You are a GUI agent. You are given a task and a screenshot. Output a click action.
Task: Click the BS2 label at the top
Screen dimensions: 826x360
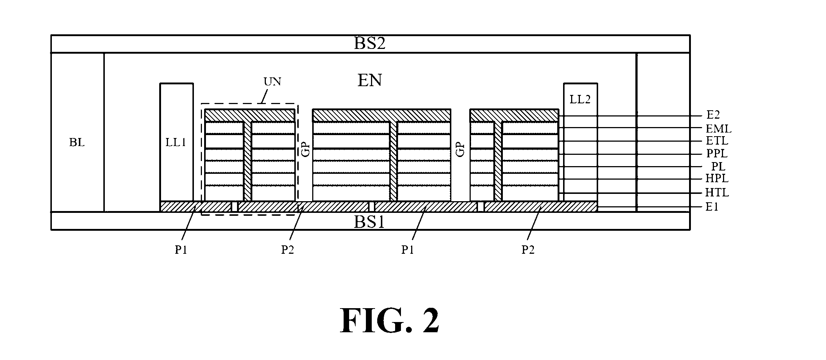[370, 44]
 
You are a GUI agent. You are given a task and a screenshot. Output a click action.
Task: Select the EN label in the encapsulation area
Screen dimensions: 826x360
[370, 80]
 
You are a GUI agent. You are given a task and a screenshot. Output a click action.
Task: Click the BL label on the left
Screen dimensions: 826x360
[77, 142]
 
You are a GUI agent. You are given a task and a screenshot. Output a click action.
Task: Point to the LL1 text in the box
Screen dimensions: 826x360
[176, 142]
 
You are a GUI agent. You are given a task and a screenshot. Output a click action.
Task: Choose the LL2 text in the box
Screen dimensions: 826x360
[580, 99]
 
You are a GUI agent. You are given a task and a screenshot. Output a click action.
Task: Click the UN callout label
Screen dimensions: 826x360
[272, 81]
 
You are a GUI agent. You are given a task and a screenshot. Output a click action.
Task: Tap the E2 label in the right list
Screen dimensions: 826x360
[713, 115]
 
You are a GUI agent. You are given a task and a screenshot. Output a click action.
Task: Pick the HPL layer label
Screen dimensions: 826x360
[717, 179]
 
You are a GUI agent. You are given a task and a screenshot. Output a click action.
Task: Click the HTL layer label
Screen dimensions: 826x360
[717, 192]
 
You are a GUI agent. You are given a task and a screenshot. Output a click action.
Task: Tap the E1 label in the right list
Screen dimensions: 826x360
[712, 207]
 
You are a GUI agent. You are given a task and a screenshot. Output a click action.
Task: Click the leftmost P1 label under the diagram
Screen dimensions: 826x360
[181, 250]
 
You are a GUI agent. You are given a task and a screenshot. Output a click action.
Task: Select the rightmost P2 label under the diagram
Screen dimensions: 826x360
[528, 250]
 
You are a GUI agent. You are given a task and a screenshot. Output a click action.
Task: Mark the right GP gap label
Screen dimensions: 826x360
[461, 150]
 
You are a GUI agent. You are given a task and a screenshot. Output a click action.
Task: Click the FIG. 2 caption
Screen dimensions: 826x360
[390, 320]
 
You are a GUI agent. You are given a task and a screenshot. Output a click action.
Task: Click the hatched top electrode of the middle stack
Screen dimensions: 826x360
[381, 115]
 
